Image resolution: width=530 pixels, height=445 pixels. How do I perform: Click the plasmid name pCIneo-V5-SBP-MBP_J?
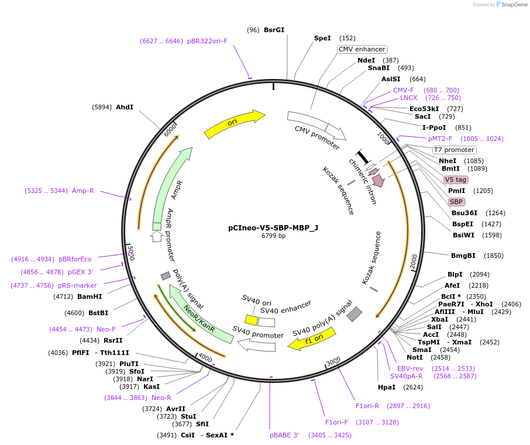273,228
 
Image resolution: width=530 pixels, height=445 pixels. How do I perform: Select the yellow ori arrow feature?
234,123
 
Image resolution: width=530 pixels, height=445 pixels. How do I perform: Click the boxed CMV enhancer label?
362,49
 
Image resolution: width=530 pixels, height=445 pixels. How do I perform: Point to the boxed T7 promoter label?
454,150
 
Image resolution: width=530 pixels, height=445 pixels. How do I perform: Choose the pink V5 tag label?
456,180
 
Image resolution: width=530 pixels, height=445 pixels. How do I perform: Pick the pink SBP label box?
456,202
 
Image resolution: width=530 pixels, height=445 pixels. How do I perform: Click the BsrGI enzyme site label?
274,30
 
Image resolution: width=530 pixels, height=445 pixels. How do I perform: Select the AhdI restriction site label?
125,107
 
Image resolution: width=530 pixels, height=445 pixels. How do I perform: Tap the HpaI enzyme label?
387,387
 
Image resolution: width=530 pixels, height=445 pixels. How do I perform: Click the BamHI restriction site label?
90,296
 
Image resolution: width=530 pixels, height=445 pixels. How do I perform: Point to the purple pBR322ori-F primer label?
207,41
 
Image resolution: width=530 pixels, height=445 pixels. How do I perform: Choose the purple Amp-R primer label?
83,191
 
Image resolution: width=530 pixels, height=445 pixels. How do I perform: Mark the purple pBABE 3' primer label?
284,435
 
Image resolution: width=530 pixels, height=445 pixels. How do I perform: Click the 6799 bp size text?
273,236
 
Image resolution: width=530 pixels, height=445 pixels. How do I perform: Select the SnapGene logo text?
512,5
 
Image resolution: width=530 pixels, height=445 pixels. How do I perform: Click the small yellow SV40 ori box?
251,320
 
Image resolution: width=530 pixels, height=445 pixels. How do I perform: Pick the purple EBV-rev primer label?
410,368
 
